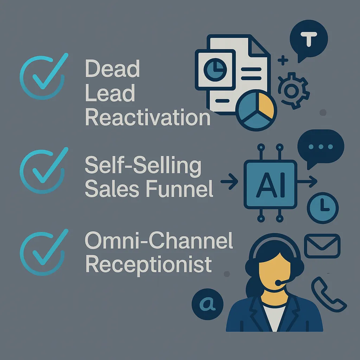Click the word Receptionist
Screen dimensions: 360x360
[149, 264]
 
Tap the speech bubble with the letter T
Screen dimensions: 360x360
[309, 40]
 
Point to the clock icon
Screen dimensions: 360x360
[323, 208]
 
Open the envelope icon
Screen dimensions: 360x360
[322, 245]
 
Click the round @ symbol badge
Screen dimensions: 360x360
[208, 303]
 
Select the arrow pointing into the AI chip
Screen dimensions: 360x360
[230, 181]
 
